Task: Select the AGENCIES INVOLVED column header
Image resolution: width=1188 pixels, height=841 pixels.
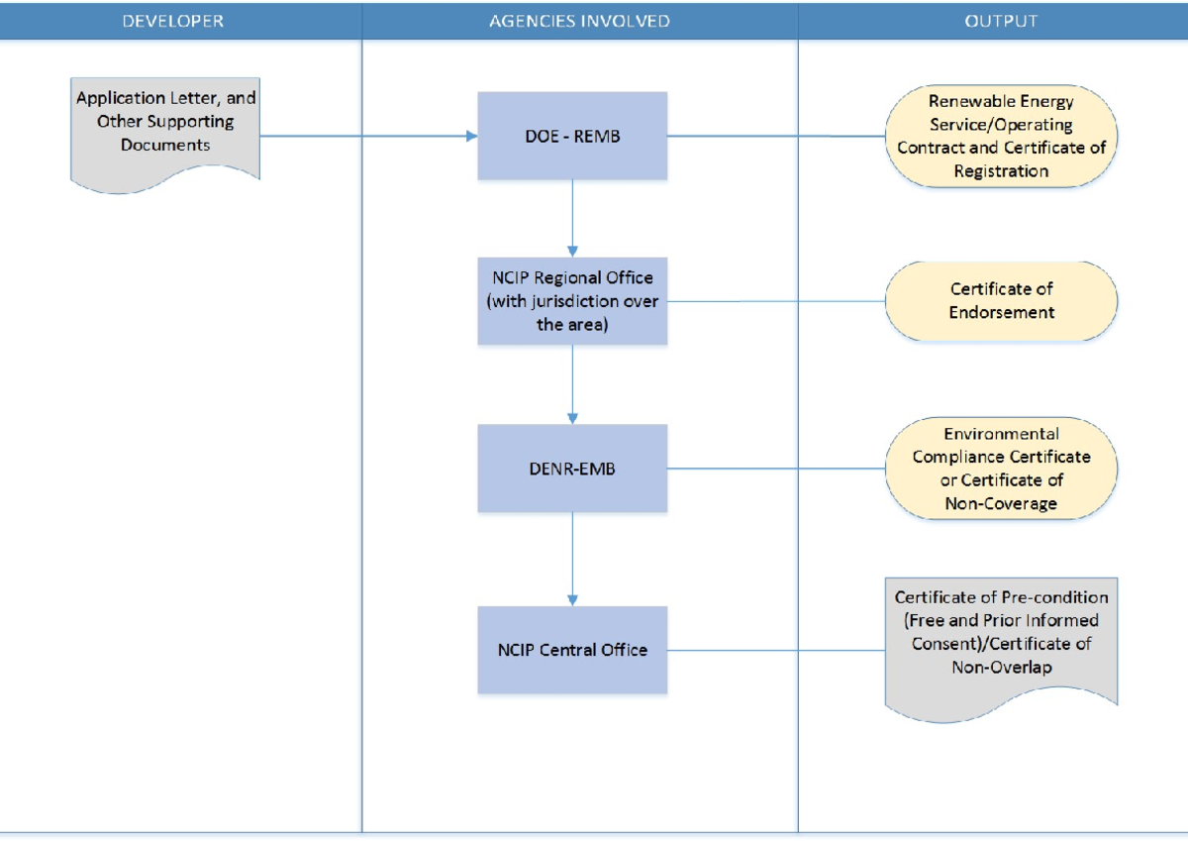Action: tap(579, 21)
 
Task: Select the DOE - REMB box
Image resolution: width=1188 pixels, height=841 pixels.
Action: tap(572, 136)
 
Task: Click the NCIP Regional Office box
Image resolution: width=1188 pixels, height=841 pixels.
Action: tap(572, 301)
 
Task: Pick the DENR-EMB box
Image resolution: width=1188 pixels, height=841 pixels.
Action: tap(572, 469)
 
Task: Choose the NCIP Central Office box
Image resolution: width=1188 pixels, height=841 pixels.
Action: tap(572, 650)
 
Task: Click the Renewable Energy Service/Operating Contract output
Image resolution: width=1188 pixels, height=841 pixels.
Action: tap(1001, 136)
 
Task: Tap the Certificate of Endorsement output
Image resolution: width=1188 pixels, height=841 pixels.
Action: tap(1001, 301)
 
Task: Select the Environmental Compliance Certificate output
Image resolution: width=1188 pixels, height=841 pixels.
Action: tap(1001, 469)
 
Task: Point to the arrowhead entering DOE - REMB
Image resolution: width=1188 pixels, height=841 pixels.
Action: tap(471, 136)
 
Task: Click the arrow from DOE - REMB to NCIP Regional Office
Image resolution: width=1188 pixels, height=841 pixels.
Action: tap(572, 218)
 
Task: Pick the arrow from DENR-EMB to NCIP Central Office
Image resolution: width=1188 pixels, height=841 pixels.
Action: tap(572, 559)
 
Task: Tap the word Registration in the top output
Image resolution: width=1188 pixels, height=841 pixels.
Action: tap(1001, 171)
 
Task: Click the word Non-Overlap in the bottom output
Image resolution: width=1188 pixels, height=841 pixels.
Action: tap(1001, 668)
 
